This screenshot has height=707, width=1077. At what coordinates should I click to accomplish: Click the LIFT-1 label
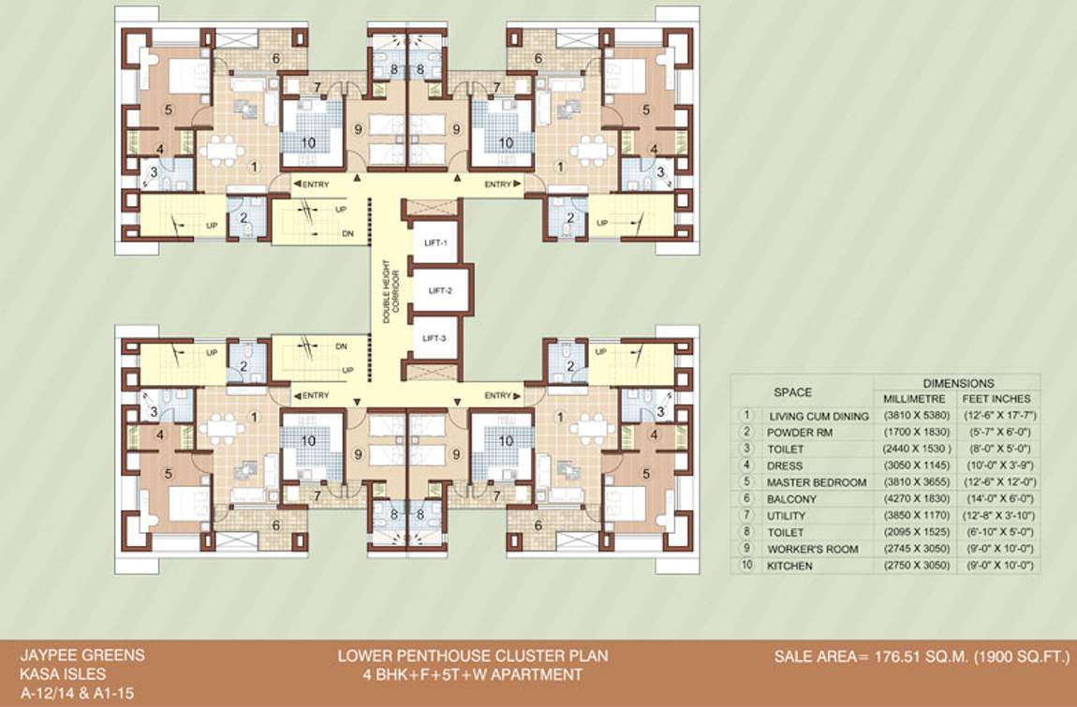click(x=435, y=243)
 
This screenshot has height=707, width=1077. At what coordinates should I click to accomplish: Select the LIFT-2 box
click(x=441, y=291)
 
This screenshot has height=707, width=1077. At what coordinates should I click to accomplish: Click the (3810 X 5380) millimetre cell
click(x=918, y=416)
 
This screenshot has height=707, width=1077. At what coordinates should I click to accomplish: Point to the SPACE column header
click(x=792, y=392)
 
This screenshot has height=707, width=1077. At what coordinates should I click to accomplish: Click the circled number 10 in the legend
click(x=746, y=567)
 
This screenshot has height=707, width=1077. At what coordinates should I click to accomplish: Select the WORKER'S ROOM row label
click(x=813, y=550)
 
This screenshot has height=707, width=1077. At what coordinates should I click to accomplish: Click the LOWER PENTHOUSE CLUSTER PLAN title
click(x=472, y=656)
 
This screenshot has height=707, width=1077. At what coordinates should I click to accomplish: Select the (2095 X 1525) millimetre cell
click(x=918, y=533)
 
